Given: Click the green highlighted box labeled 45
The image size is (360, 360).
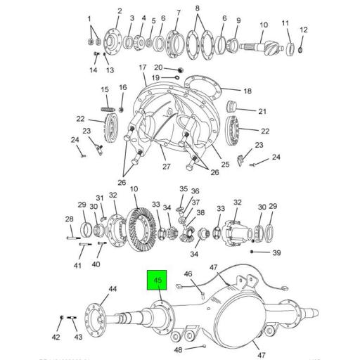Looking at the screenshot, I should pyautogui.click(x=155, y=281).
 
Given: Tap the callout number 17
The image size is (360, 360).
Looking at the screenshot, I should pyautogui.click(x=142, y=67).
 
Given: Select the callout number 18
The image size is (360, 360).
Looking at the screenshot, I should pyautogui.click(x=247, y=91).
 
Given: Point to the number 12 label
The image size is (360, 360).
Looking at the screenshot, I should pyautogui.click(x=304, y=30).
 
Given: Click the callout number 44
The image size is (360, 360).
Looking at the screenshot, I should pyautogui.click(x=112, y=289).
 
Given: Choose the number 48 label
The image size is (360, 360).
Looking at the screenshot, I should pyautogui.click(x=179, y=349).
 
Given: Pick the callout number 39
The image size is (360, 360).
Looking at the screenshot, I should pyautogui.click(x=276, y=252).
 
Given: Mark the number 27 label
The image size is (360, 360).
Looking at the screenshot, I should pyautogui.click(x=167, y=167).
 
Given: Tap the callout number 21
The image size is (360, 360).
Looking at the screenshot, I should pyautogui.click(x=262, y=111).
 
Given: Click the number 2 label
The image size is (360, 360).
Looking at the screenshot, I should pyautogui.click(x=119, y=11).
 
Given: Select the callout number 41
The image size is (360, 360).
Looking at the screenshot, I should pyautogui.click(x=78, y=265).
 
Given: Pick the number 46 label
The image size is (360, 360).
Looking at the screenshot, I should pyautogui.click(x=188, y=274).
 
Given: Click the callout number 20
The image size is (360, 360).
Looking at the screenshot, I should pyautogui.click(x=158, y=67).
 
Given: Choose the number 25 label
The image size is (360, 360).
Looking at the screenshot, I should pyautogui.click(x=225, y=165).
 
